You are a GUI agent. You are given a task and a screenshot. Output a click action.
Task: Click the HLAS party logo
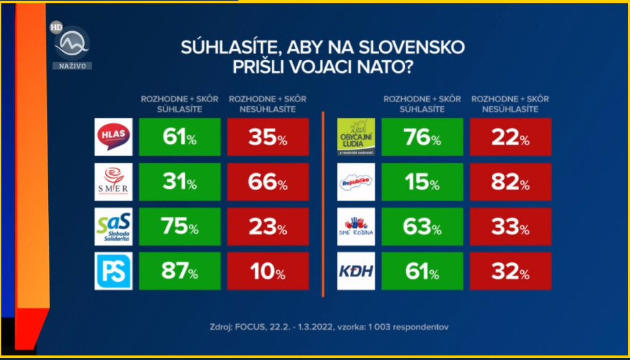click(113, 137)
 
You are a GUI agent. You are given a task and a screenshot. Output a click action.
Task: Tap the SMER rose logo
click(113, 182)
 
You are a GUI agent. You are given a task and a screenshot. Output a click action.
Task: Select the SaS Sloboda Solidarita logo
click(113, 227)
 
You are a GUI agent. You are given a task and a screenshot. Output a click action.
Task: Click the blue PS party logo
click(113, 271)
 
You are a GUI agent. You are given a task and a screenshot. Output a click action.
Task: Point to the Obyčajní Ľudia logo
click(356, 137)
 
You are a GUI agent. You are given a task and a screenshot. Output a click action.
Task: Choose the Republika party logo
click(356, 182)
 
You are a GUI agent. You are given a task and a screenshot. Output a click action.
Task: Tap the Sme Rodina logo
click(356, 227)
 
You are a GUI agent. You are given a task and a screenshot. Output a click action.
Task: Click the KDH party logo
click(356, 271)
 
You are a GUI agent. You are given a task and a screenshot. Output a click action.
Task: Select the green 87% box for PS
click(179, 271)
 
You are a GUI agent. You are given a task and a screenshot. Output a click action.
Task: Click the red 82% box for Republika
click(511, 182)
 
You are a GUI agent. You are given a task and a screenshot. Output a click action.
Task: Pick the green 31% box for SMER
click(179, 182)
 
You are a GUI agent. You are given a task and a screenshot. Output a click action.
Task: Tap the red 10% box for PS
click(268, 271)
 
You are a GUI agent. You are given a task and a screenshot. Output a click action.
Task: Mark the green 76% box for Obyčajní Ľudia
click(422, 137)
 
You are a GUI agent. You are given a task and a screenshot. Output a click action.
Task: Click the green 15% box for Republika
click(422, 182)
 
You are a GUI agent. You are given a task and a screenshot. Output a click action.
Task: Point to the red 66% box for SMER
click(268, 182)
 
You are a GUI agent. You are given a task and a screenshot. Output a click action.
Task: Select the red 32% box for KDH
click(511, 271)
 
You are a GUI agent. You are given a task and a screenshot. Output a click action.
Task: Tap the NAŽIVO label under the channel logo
click(72, 66)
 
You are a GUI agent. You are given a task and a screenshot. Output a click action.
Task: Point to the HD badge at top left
click(57, 28)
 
